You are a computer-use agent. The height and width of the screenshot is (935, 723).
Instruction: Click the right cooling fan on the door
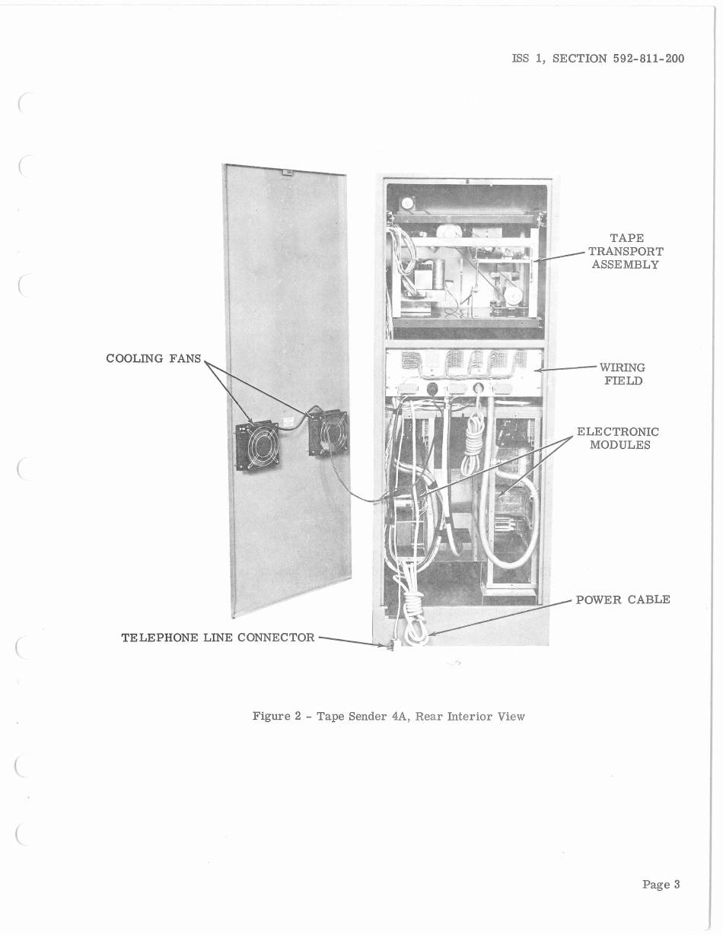coord(328,433)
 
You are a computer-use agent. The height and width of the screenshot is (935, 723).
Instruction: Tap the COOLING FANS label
coord(154,358)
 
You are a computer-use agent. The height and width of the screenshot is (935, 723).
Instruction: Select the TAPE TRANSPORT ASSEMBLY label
coord(625,251)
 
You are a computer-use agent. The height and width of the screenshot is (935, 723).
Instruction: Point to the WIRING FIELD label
coord(623,374)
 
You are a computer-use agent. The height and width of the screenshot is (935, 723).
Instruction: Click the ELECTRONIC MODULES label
coord(619,438)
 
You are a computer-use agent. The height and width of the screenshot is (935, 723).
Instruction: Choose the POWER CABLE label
coord(623,599)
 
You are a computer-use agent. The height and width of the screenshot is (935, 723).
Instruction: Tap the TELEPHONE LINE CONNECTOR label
coord(218,638)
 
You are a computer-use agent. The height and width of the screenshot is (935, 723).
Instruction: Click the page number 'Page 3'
coord(661,884)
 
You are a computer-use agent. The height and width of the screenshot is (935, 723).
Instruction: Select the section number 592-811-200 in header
coord(648,58)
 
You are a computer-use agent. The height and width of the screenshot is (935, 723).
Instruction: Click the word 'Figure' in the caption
coord(271,716)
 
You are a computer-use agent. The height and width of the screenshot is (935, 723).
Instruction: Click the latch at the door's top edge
coord(288,173)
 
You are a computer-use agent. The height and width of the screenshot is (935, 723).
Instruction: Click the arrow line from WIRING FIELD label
coord(568,368)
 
